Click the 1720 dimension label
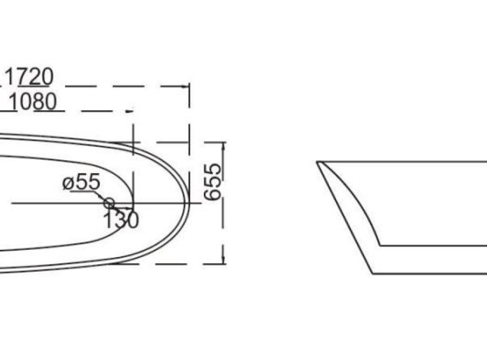[x=29, y=76]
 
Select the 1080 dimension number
[x=33, y=101]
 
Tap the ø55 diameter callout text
[x=82, y=182]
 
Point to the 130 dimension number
[x=120, y=220]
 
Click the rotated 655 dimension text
[x=213, y=182]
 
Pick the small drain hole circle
[x=109, y=204]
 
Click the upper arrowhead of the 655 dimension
[x=223, y=146]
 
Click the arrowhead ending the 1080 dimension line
[x=129, y=111]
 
